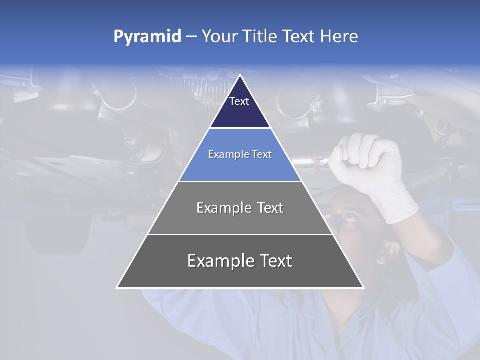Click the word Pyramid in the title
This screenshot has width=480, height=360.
[147, 37]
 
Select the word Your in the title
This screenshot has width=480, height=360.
[219, 37]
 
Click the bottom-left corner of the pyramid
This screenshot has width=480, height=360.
[118, 287]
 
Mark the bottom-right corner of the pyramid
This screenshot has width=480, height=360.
[363, 287]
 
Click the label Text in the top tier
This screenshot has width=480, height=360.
[239, 101]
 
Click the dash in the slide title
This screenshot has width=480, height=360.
[191, 37]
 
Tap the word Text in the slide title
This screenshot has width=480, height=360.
[298, 37]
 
